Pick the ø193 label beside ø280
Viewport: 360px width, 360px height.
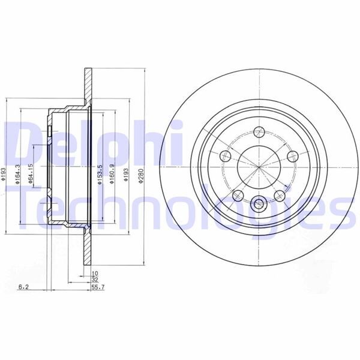[x=126, y=174]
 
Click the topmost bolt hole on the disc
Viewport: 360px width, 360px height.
[x=260, y=132]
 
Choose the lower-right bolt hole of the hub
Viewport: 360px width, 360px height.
[x=278, y=195]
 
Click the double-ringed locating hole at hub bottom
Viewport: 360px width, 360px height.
[x=259, y=203]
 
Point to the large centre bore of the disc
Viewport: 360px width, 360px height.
[x=258, y=166]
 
